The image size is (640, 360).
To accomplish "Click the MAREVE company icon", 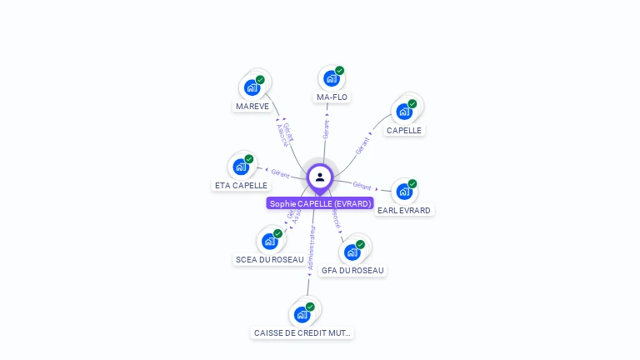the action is point(252,87).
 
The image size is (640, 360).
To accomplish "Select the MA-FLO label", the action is point(332,97).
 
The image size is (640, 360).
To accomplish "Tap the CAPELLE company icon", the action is point(404,111).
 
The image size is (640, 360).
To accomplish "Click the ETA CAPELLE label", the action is point(241,185).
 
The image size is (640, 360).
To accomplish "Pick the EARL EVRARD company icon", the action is point(404,192).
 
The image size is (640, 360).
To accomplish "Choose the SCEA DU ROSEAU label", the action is point(269,259).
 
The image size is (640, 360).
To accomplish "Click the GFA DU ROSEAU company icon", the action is point(352,252).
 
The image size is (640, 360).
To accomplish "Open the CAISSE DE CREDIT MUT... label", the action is point(302,333).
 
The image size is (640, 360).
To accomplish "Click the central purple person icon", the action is point(320,177).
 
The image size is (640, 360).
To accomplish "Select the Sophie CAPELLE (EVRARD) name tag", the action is point(320,203).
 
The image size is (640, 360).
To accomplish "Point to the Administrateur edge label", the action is point(311,247).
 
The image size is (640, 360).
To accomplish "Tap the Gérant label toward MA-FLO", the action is point(326,128).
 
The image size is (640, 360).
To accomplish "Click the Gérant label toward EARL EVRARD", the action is point(362,185).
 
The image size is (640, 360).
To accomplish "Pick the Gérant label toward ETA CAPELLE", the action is point(280,173).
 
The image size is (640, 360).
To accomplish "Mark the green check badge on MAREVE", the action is point(260,80).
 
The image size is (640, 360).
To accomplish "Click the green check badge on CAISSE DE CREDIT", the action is point(310,307).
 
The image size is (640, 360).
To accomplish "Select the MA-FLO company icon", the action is point(332,78).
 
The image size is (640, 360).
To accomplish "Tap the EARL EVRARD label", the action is point(404,211).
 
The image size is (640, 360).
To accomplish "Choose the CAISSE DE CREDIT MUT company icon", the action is point(302,314).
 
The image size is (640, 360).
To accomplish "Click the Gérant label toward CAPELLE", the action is point(362,144).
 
